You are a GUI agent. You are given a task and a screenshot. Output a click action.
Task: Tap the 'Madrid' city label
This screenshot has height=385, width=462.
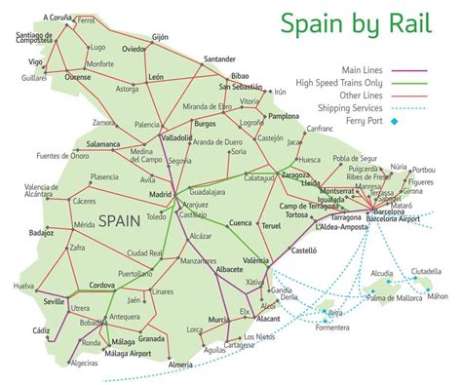160,193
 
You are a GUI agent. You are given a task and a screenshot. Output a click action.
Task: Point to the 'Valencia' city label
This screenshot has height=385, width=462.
257,261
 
